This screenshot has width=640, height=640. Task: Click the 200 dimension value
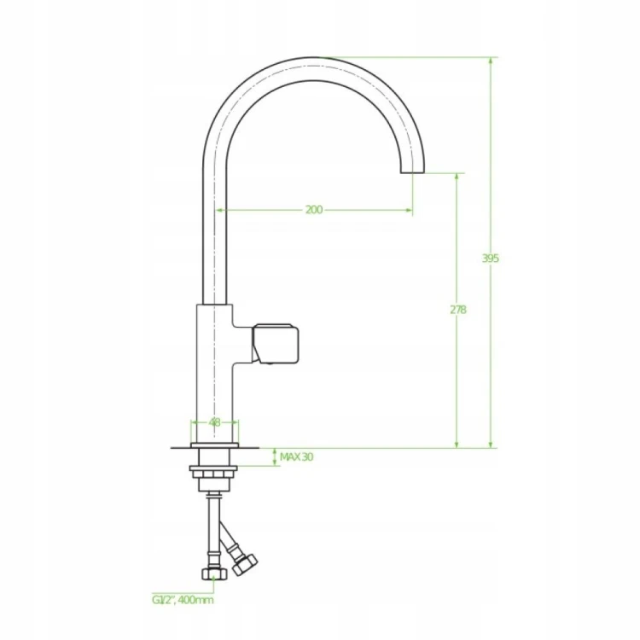click(314, 210)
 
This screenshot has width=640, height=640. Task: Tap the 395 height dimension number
click(490, 259)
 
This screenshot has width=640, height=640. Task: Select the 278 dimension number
click(458, 310)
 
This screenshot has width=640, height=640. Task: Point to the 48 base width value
click(214, 422)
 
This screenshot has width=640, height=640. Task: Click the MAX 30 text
click(296, 457)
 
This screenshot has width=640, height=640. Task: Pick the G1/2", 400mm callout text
click(183, 600)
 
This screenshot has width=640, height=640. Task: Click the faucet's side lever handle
click(276, 344)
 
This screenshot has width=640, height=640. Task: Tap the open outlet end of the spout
click(412, 172)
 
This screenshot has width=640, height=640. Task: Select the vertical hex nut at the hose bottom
click(214, 573)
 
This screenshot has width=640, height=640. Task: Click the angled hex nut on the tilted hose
click(245, 565)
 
